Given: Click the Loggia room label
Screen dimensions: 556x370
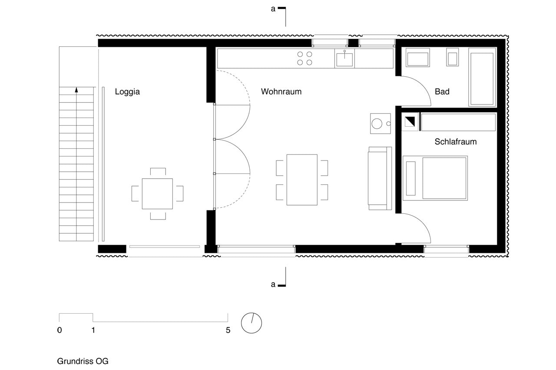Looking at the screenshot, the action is tap(127, 92).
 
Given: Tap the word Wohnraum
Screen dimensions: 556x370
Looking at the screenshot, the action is tap(281, 92).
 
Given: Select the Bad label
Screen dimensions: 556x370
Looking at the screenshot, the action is tap(442, 92).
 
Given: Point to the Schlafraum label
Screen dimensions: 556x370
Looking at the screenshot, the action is tap(456, 142).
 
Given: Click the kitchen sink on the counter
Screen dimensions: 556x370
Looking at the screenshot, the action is tap(344, 59).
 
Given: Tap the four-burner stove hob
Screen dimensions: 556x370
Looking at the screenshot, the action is tap(304, 58).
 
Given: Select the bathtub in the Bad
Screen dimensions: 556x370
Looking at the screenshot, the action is tap(482, 77).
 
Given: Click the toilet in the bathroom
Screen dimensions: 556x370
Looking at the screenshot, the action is tap(452, 57).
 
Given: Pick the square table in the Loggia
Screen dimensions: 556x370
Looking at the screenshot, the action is tap(157, 194).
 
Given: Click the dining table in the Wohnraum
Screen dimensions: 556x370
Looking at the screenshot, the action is tap(302, 180).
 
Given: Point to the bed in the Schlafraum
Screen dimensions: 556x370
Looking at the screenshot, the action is tap(435, 178).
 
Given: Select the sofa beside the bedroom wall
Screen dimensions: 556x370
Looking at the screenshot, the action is tap(380, 178).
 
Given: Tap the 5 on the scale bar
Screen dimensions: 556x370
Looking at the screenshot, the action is tap(228, 330).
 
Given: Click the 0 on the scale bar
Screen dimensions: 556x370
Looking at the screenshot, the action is tap(60, 330).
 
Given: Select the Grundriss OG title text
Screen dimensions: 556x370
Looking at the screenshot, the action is tap(83, 361).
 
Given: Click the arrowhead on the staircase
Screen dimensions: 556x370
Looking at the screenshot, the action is tap(76, 90).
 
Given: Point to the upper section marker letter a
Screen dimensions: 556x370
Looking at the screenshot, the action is tap(273, 9).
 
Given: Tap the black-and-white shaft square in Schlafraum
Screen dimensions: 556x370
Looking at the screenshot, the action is tap(410, 122).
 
